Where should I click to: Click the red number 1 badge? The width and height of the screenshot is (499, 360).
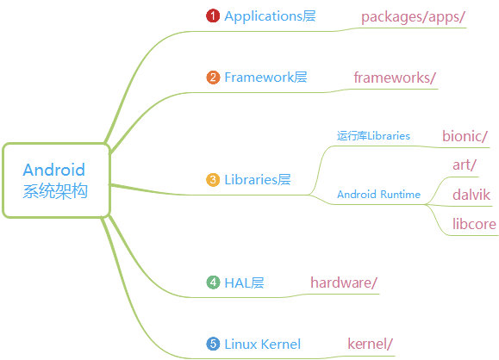pyautogui.click(x=213, y=16)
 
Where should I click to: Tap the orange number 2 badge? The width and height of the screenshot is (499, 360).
pyautogui.click(x=213, y=78)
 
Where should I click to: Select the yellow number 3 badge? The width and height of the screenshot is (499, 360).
pyautogui.click(x=213, y=180)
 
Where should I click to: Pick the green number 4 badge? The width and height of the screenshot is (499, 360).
pyautogui.click(x=213, y=282)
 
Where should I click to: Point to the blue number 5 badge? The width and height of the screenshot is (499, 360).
pyautogui.click(x=213, y=344)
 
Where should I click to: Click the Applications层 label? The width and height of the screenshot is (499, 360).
pyautogui.click(x=270, y=16)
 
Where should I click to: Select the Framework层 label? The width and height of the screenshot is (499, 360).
pyautogui.click(x=265, y=78)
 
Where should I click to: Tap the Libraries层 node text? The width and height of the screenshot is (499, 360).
pyautogui.click(x=258, y=180)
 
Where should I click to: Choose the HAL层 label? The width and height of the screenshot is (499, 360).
pyautogui.click(x=244, y=282)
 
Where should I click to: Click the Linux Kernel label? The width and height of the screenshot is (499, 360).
pyautogui.click(x=263, y=344)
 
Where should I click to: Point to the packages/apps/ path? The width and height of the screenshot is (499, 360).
pyautogui.click(x=413, y=17)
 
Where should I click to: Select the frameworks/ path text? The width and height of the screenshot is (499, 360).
pyautogui.click(x=395, y=78)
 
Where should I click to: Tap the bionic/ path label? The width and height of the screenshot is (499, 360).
pyautogui.click(x=465, y=136)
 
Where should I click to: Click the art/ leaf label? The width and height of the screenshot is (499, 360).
pyautogui.click(x=465, y=165)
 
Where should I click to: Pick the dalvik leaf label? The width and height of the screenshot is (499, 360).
pyautogui.click(x=471, y=195)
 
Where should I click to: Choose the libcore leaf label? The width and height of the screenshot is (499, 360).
pyautogui.click(x=474, y=224)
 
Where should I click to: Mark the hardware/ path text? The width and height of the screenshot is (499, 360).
pyautogui.click(x=344, y=282)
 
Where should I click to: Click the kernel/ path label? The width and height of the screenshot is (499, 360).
pyautogui.click(x=370, y=344)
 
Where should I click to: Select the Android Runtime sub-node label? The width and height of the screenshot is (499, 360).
pyautogui.click(x=378, y=194)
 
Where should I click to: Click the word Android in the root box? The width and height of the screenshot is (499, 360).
pyautogui.click(x=54, y=170)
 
